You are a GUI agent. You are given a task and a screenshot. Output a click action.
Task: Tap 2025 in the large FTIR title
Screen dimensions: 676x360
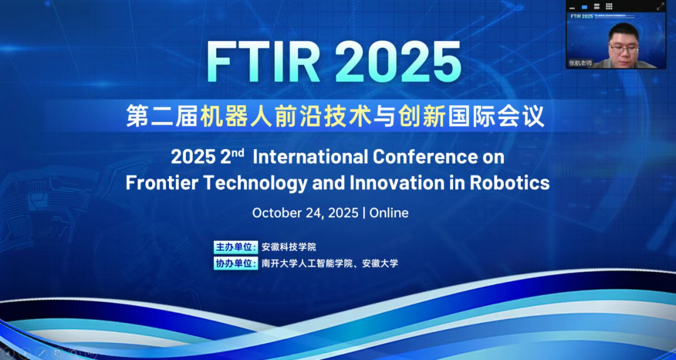coord(398,62)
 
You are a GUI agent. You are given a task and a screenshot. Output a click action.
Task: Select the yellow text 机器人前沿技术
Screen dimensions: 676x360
coord(285,116)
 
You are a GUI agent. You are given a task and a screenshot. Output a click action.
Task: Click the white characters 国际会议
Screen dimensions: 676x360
coord(496,116)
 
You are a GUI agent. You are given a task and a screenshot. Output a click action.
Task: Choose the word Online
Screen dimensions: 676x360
coord(389,213)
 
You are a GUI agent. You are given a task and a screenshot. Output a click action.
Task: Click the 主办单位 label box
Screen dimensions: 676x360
coord(235,247)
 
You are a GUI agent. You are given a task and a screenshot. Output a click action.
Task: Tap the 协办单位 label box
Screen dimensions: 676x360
coord(235,263)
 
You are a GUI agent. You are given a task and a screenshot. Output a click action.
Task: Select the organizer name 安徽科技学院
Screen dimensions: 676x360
coord(289,247)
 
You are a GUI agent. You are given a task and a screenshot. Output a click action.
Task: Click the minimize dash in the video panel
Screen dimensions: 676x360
coord(572,8)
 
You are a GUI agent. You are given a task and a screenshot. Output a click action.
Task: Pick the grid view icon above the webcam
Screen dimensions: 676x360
coord(609,6)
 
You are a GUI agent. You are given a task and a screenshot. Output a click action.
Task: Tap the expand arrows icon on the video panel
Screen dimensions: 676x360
coord(660,6)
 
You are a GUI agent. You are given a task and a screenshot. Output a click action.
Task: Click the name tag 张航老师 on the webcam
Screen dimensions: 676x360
coord(580,63)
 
